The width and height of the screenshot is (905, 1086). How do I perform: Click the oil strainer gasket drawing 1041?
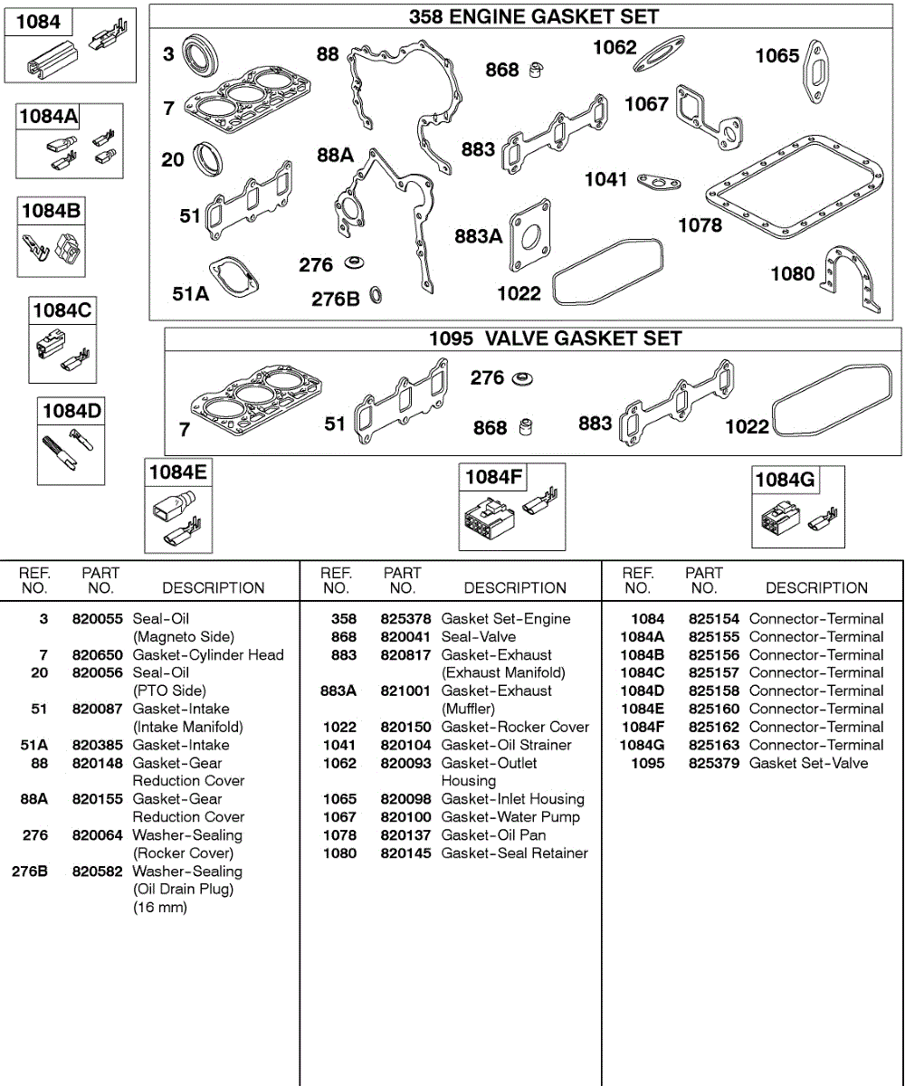(x=658, y=184)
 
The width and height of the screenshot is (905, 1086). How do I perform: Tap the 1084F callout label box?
(x=494, y=477)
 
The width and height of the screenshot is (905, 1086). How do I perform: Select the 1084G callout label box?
(x=785, y=480)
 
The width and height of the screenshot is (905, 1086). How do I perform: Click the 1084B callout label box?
(x=50, y=212)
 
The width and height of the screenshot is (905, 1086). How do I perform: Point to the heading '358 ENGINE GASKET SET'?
(x=534, y=16)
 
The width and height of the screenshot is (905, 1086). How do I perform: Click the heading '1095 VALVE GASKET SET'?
(x=555, y=338)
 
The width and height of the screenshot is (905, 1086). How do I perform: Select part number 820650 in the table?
(x=97, y=654)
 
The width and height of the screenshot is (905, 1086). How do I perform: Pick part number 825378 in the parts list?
(x=405, y=619)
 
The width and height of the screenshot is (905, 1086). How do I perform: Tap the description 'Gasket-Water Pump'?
(x=510, y=817)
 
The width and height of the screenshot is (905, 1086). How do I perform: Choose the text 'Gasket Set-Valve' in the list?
(x=808, y=763)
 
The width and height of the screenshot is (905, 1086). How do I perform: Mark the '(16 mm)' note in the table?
(x=160, y=907)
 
